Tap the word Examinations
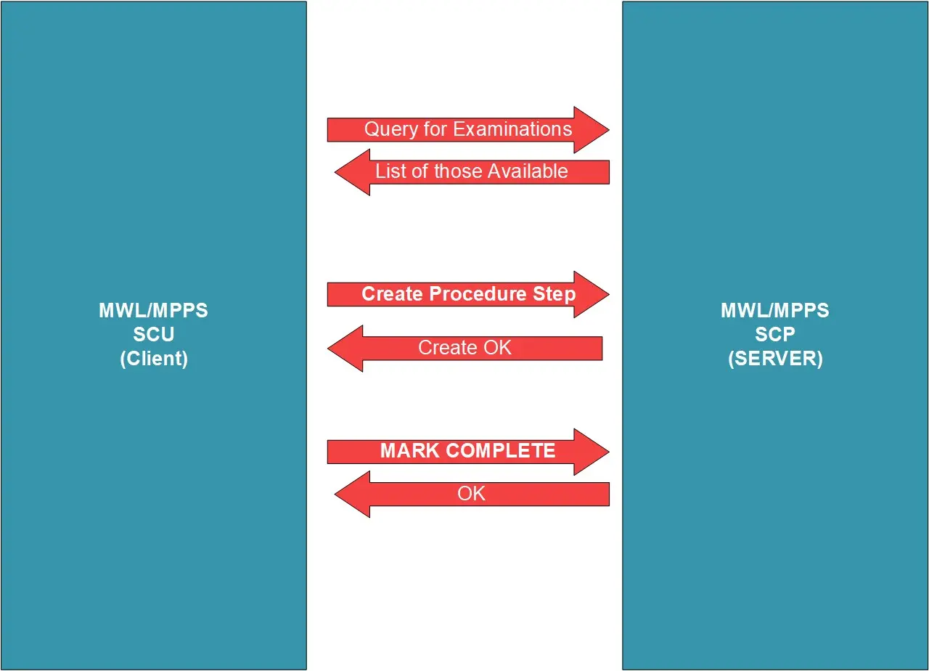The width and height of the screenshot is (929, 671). coord(512,129)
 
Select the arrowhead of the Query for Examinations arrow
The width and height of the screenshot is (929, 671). coord(591,130)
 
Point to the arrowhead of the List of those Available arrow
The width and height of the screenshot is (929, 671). coord(353,172)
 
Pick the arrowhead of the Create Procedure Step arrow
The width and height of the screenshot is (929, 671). coord(591,294)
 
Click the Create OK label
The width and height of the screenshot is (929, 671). coord(464,348)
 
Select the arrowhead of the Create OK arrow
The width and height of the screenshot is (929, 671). coord(345,349)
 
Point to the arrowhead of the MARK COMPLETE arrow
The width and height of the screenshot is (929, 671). coord(591,452)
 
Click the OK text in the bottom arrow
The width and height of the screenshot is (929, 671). coord(471,494)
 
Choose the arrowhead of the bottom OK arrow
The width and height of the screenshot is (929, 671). coord(353,494)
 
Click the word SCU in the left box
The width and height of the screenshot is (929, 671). coord(153,335)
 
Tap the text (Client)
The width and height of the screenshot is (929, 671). coord(153,359)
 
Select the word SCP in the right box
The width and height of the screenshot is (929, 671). coord(774,335)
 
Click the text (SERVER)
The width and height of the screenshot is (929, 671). coord(774,359)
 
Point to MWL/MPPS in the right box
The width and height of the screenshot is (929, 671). coord(774,311)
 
